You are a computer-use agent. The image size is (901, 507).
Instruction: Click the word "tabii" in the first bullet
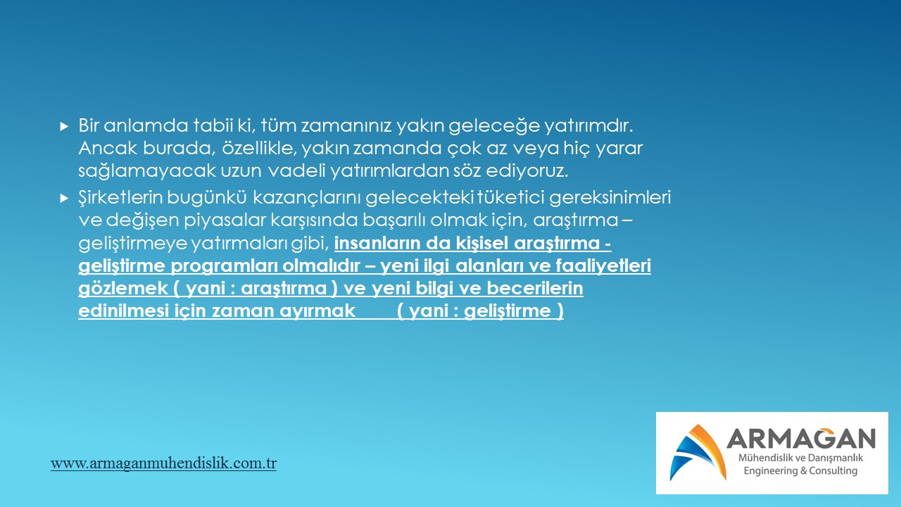point(213,125)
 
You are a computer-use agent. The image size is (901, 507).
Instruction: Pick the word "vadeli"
point(296,170)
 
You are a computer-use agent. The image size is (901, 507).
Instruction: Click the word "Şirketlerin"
point(120,198)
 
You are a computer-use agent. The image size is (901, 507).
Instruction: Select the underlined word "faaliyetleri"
point(603,266)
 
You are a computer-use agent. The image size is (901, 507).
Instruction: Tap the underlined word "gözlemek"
point(123,289)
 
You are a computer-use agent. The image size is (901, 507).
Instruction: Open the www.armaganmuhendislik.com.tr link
point(163,463)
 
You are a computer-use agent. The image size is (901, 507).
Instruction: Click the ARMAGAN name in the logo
point(801,438)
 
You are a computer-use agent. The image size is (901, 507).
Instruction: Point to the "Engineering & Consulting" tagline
point(800,470)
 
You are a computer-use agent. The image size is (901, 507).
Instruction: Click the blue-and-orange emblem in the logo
point(698,452)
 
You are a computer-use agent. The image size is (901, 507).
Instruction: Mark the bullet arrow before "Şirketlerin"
point(64,198)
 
